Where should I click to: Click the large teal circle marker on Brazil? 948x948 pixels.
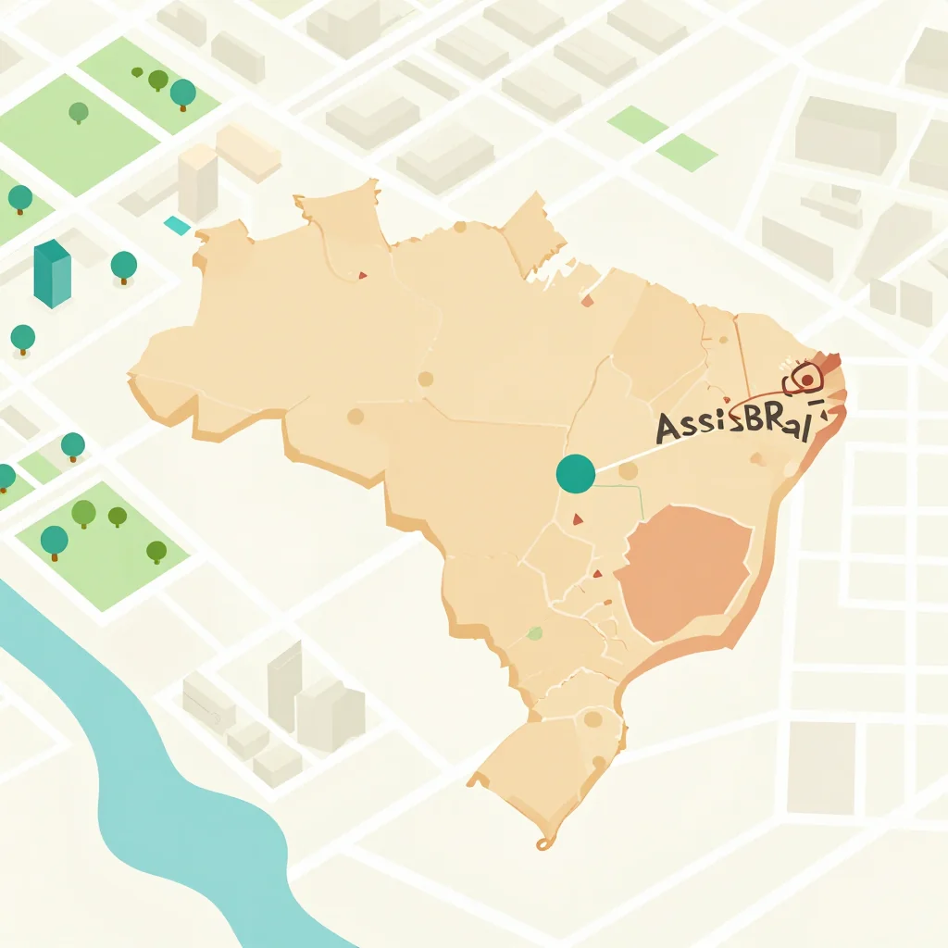click(576, 473)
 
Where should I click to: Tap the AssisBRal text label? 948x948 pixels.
click(731, 425)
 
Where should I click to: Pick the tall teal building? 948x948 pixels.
click(52, 273)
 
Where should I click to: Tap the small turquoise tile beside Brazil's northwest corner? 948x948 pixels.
click(176, 225)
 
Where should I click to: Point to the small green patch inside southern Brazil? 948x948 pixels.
click(534, 633)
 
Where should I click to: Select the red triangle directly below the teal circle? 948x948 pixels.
click(578, 520)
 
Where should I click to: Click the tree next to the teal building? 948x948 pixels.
click(124, 266)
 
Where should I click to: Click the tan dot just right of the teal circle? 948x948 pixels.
click(629, 471)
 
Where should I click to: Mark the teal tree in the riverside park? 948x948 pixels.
click(54, 539)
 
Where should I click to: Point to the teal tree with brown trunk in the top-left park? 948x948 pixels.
click(183, 93)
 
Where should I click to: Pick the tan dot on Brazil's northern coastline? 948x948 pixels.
click(459, 226)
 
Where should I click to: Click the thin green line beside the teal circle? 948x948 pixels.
click(641, 500)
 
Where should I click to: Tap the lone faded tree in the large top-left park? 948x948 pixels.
click(79, 112)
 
